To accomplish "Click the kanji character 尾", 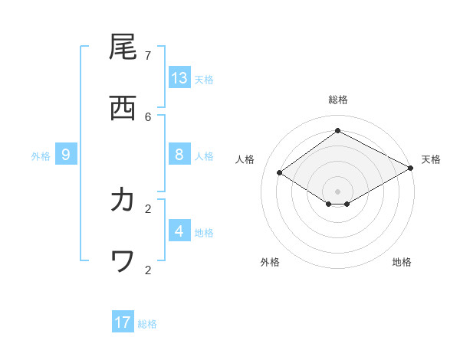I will pos(123,47).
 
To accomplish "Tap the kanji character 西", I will pos(123,107).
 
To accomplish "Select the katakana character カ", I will pos(123,200).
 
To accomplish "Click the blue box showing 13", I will pos(179,78).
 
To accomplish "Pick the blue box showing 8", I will pos(179,155).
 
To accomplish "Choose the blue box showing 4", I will pos(179,231).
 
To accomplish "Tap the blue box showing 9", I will pos(66,155).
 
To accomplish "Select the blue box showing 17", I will pos(123,322).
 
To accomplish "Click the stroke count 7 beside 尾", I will pos(148,55).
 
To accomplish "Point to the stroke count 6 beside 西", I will pos(148,116).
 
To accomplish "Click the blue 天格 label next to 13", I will pos(204,79).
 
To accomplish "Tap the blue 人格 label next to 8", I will pos(204,155).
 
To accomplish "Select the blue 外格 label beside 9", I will pos(41,155).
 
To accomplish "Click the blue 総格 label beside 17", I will pos(147,323).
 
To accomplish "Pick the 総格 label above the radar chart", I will pos(337,100).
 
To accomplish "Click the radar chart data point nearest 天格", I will pos(411,169).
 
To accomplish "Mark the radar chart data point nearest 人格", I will pos(280,173).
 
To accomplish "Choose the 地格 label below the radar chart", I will pos(402,262).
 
